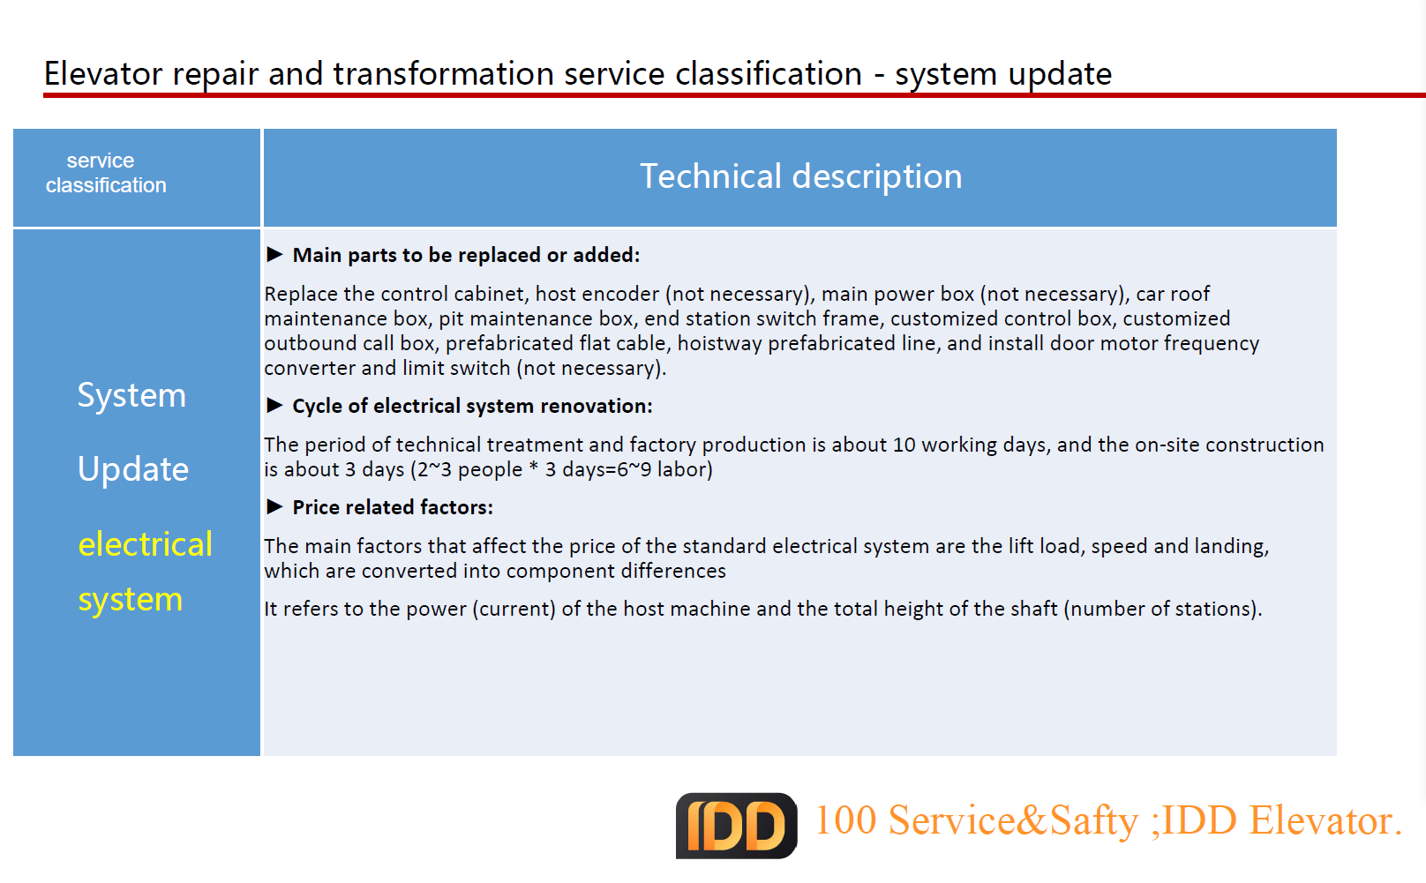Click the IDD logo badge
click(737, 825)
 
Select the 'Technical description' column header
click(801, 176)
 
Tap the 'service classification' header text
click(106, 172)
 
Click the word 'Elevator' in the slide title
click(103, 73)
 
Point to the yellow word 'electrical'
click(145, 544)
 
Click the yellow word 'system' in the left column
click(131, 599)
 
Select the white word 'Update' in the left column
click(133, 469)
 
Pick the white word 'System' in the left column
click(131, 396)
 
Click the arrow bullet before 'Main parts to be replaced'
click(274, 254)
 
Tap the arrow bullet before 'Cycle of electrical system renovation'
click(274, 405)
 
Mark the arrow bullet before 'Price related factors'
click(274, 506)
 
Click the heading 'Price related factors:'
click(393, 507)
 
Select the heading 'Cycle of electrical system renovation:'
click(472, 406)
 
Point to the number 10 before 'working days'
click(904, 445)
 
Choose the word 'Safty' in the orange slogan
click(1093, 820)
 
